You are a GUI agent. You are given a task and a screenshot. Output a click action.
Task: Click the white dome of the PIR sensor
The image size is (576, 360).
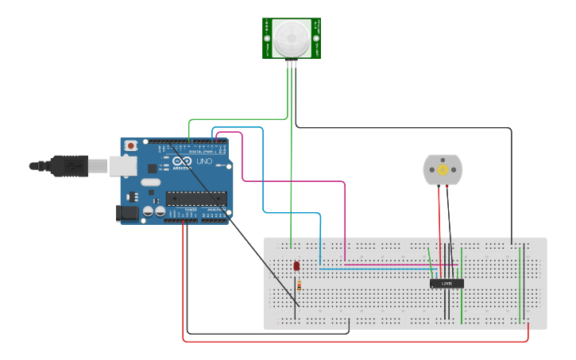pyautogui.click(x=292, y=37)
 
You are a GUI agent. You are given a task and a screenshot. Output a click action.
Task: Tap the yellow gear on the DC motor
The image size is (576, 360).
pyautogui.click(x=442, y=169)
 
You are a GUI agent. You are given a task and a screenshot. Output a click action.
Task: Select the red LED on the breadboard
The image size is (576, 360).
pyautogui.click(x=296, y=266)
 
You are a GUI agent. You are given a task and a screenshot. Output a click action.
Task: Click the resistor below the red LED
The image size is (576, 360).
pyautogui.click(x=299, y=285)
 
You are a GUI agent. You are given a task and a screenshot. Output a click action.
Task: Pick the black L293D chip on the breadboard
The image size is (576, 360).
pyautogui.click(x=446, y=283)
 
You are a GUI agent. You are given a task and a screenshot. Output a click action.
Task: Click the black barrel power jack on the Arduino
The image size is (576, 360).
pyautogui.click(x=126, y=213)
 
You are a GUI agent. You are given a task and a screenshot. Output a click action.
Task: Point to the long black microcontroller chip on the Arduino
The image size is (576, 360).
pyautogui.click(x=196, y=199)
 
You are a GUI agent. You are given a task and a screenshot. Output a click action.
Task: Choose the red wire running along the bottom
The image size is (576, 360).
pyautogui.click(x=358, y=341)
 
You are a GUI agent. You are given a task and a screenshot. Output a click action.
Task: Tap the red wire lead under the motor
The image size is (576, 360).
pyautogui.click(x=439, y=215)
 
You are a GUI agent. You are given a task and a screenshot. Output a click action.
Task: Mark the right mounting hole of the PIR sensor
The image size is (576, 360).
pyautogui.click(x=316, y=37)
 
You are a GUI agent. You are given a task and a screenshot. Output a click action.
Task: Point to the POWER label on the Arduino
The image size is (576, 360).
pyautogui.click(x=191, y=210)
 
